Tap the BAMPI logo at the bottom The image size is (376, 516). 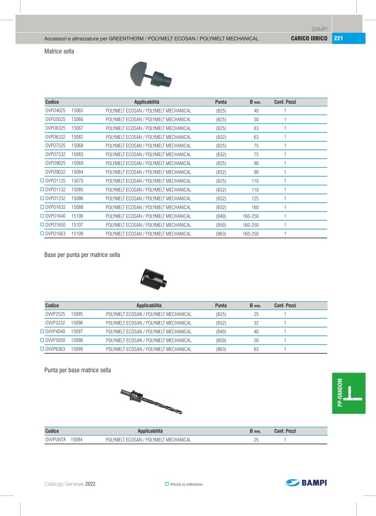click(x=306, y=483)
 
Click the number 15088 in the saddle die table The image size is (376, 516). click(x=77, y=207)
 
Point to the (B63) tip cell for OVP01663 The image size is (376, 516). click(x=221, y=234)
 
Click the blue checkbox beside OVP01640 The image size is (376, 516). click(x=42, y=216)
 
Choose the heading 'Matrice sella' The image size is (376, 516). click(x=59, y=51)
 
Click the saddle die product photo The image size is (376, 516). click(x=150, y=75)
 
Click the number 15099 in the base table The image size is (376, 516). click(x=77, y=349)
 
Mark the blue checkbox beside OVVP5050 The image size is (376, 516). click(x=42, y=340)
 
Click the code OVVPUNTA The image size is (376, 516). click(x=55, y=440)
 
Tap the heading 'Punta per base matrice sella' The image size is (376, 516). click(x=77, y=370)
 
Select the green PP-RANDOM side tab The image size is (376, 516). click(x=349, y=393)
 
